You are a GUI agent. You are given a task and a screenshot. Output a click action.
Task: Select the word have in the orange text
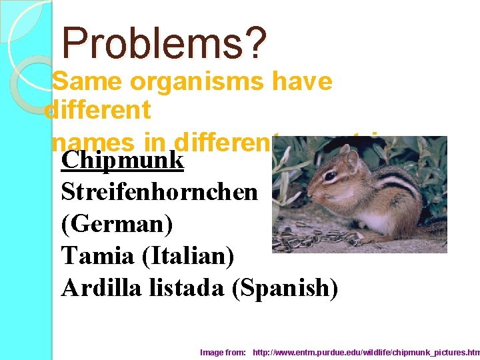[x=303, y=81]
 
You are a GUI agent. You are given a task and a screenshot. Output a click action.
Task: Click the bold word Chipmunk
[x=122, y=160]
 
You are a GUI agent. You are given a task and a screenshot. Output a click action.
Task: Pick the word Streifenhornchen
[x=159, y=191]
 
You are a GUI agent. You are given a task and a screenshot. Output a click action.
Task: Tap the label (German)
[x=117, y=223]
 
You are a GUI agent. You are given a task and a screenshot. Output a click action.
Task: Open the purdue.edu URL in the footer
[x=366, y=351]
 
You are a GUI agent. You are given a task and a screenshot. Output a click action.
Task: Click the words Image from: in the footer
[x=223, y=351]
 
